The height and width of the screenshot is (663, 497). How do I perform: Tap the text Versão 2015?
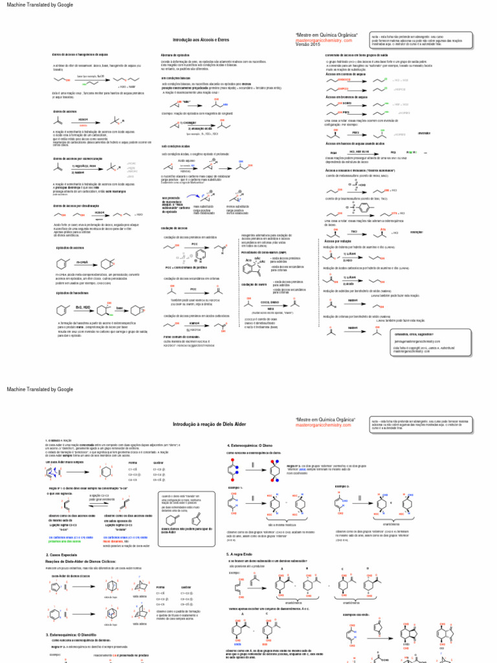click(x=308, y=45)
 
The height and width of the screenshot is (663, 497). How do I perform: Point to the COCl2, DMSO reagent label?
click(x=271, y=284)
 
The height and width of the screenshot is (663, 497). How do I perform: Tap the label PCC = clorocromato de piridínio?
click(x=186, y=267)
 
